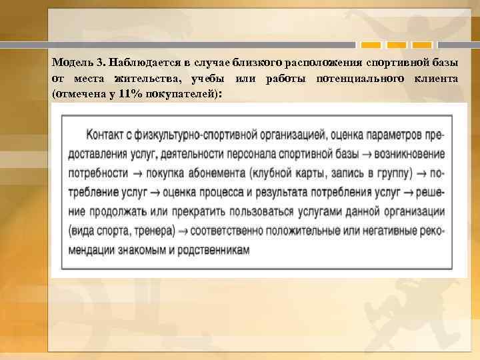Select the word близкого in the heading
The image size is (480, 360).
pyautogui.click(x=257, y=63)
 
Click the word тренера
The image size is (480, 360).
pyautogui.click(x=155, y=231)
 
